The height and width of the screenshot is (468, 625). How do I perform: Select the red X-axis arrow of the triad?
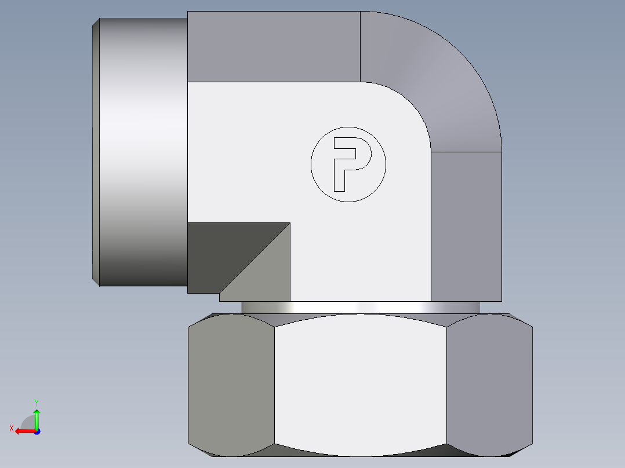(23, 431)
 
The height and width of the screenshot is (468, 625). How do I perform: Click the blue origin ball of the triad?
(37, 431)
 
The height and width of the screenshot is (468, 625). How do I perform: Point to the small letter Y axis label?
(36, 402)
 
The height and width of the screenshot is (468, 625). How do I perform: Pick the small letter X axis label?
(11, 428)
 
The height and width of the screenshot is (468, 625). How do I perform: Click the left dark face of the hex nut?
(231, 385)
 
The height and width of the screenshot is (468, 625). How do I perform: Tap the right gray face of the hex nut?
(489, 385)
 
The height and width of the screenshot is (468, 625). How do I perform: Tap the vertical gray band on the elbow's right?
(466, 226)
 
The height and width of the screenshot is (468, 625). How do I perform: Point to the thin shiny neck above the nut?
(360, 308)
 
